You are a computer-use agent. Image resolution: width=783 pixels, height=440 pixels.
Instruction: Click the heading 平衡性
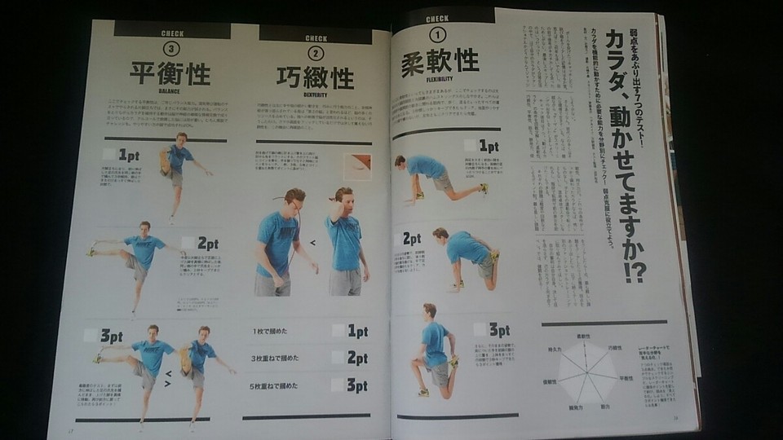point(170,74)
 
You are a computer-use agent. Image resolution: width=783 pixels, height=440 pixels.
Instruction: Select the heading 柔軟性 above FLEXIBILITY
point(439,64)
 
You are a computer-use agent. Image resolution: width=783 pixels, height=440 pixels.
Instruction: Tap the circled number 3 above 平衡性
point(170,48)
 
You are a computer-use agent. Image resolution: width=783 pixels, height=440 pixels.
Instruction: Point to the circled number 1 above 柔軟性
point(438,34)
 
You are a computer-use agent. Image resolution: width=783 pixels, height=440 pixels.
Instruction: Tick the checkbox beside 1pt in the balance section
point(109,154)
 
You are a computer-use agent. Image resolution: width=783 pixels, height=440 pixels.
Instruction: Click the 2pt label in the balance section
point(207,243)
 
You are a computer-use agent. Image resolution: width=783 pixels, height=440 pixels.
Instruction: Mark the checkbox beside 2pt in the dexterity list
point(340,358)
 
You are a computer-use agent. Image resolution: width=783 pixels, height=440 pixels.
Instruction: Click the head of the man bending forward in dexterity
point(294,200)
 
